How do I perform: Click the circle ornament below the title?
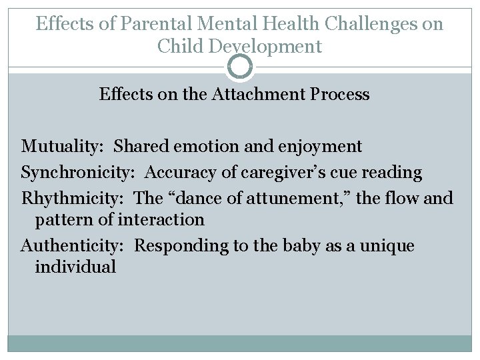(240, 67)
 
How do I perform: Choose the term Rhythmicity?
(73, 198)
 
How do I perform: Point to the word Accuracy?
(175, 173)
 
